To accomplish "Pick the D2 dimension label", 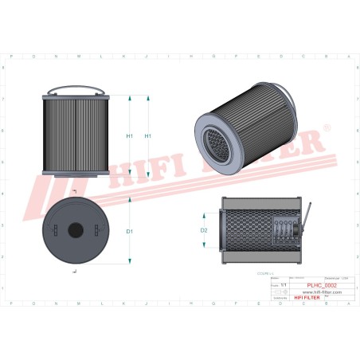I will (204, 231).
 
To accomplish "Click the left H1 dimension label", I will (129, 136).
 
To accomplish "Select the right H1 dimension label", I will (148, 136).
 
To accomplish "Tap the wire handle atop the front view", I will (76, 90).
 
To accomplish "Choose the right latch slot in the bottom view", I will (97, 229).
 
